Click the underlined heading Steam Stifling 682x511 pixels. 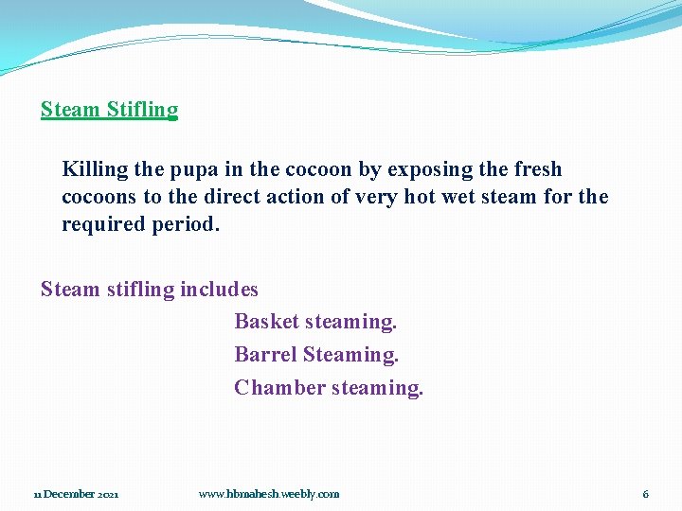click(x=109, y=110)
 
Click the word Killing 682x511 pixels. click(x=95, y=170)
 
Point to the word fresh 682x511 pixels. click(x=537, y=169)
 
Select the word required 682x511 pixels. click(x=101, y=225)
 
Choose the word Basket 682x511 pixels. click(x=266, y=322)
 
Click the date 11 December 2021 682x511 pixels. click(x=77, y=494)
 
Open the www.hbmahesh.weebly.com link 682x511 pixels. click(x=269, y=494)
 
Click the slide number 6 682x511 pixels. click(x=646, y=494)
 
